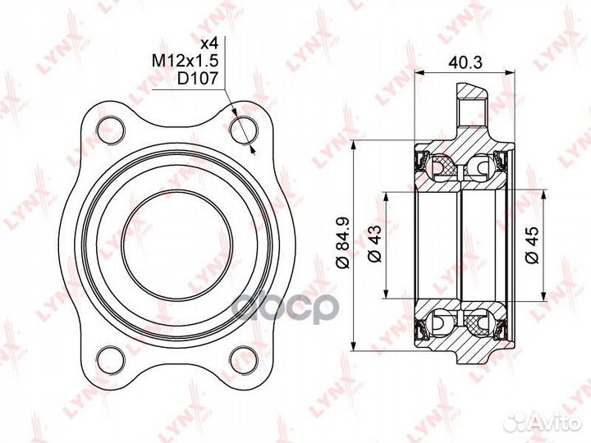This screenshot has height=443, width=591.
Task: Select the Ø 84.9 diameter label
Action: (x=344, y=242)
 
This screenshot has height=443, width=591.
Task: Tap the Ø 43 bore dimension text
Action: (x=374, y=244)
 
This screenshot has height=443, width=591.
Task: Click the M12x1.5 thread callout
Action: (x=185, y=60)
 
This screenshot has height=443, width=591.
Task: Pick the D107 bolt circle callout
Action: (x=198, y=79)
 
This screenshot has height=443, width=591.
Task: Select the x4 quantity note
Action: (x=209, y=43)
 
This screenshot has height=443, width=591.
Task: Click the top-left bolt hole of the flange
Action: (x=111, y=130)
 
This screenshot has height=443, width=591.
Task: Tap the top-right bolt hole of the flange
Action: (x=244, y=130)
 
